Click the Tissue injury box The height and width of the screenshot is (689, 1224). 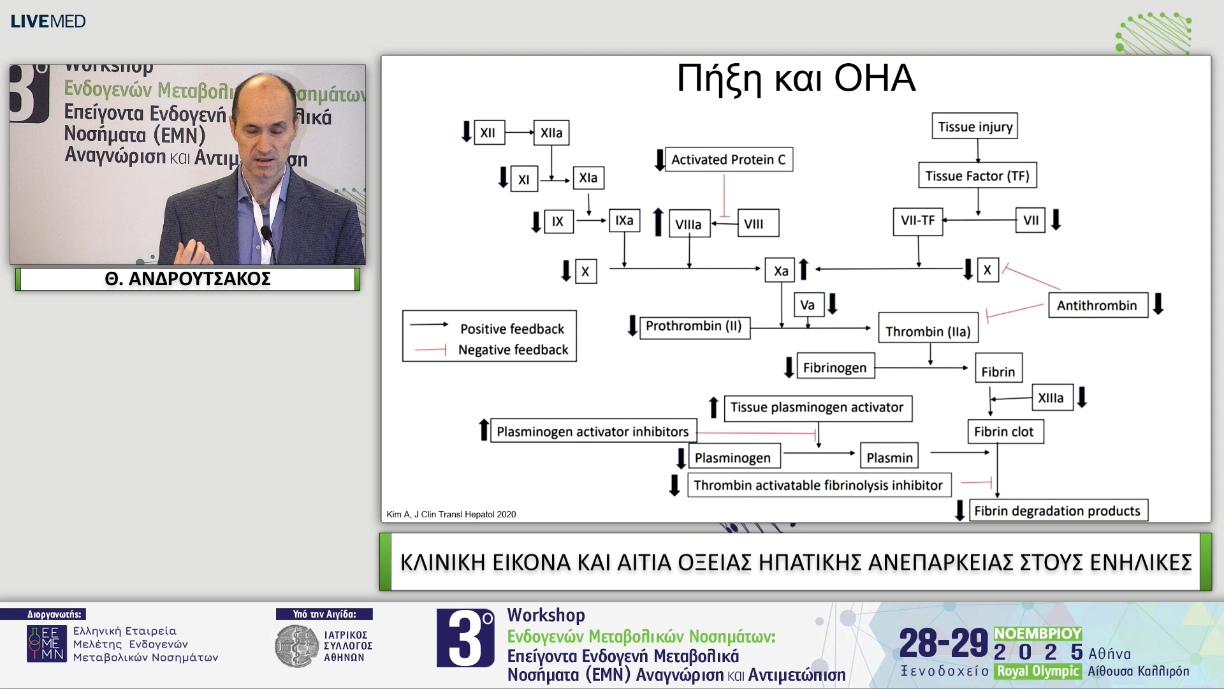[975, 126]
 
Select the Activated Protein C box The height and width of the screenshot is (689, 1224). [728, 159]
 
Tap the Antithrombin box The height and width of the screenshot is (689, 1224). [1096, 306]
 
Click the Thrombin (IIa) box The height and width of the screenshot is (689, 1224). [928, 331]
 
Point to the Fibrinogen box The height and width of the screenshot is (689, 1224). [834, 367]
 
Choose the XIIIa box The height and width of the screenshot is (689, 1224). [1051, 398]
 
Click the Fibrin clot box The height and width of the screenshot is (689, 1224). [1004, 432]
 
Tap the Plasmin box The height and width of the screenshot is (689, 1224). [889, 457]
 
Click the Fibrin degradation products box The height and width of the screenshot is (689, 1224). [1057, 511]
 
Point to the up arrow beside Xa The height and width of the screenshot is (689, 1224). [804, 270]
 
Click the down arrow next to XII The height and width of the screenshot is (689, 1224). [466, 131]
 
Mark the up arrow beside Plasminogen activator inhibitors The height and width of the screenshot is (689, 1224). [484, 430]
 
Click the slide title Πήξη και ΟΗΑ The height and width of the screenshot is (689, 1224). [796, 78]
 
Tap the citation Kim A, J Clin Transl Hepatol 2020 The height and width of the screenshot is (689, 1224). [451, 514]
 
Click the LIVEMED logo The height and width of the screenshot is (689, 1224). [48, 22]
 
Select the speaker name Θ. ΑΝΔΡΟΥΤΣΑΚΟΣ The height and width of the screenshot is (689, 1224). [187, 279]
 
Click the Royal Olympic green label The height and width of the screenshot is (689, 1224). [1038, 671]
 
